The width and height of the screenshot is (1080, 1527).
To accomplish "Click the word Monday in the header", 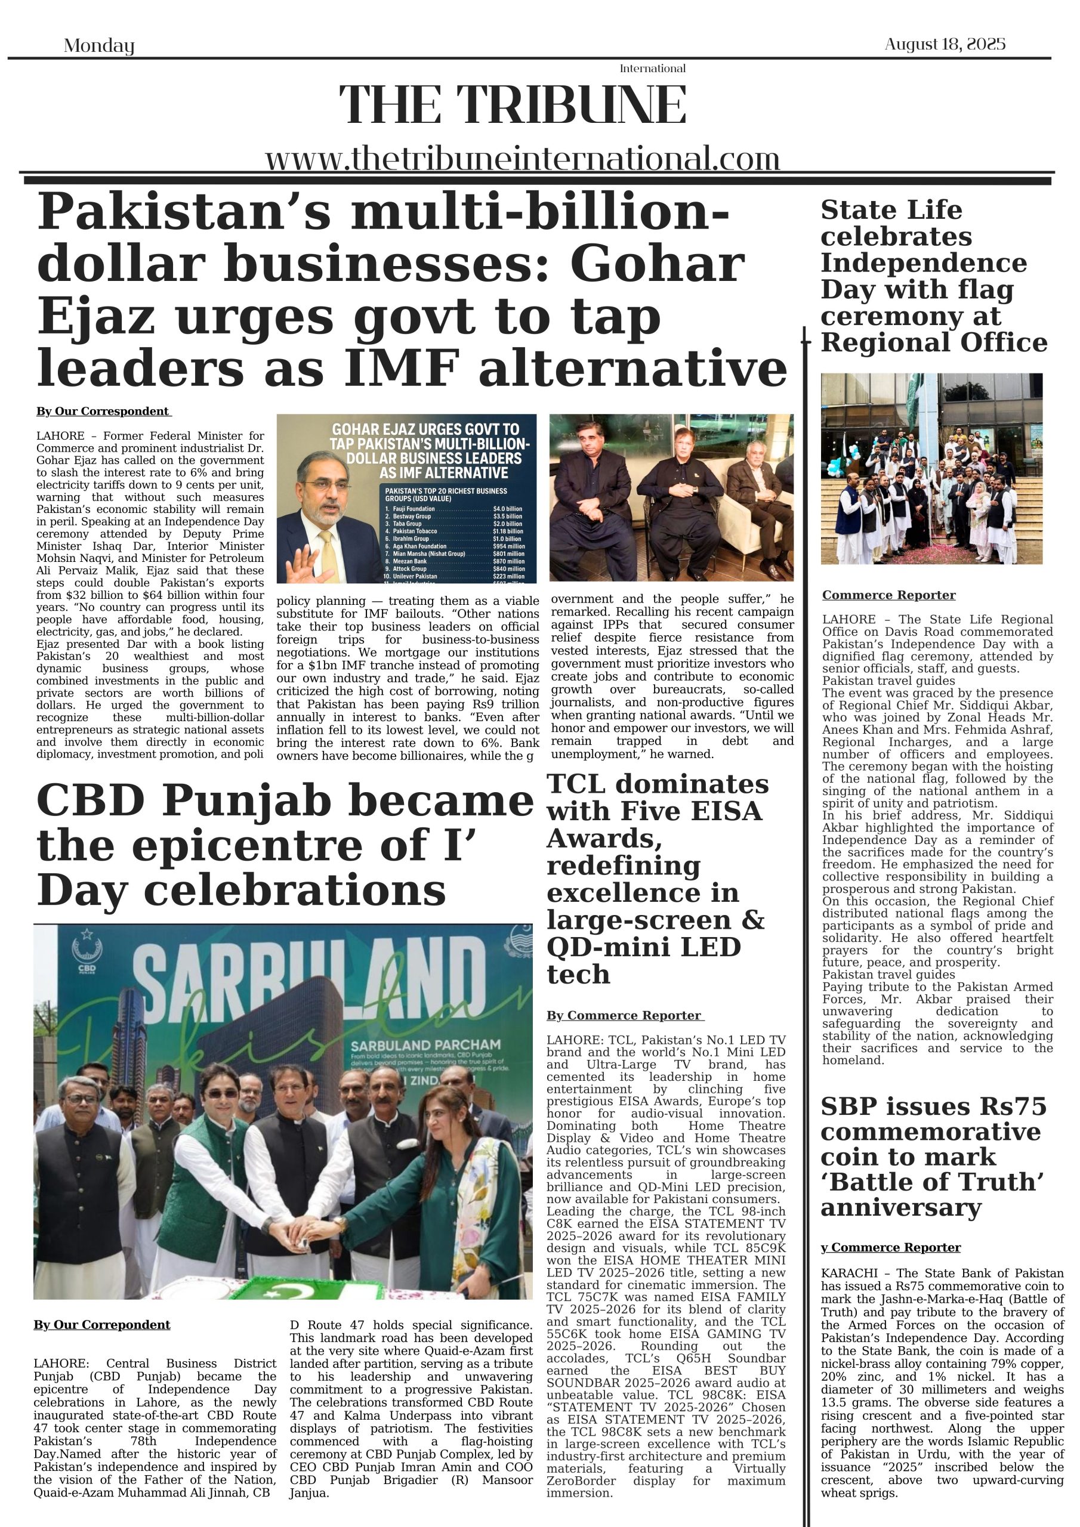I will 99,46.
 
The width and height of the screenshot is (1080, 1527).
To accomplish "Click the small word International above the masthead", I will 652,69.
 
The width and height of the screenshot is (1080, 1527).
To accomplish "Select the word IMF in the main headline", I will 401,369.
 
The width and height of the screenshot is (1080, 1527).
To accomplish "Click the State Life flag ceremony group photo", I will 931,468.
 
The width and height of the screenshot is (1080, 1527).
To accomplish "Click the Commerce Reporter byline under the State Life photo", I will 888,595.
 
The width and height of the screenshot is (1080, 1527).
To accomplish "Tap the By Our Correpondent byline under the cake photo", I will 102,1325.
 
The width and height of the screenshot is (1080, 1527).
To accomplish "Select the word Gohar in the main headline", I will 656,264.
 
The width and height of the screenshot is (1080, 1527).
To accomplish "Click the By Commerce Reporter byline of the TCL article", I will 624,1016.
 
